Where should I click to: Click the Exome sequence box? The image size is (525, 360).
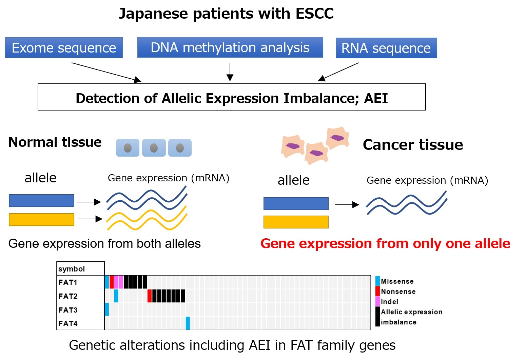pyautogui.click(x=64, y=48)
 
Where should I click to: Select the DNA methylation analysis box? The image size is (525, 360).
pyautogui.click(x=230, y=47)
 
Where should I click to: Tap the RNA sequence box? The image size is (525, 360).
pyautogui.click(x=387, y=48)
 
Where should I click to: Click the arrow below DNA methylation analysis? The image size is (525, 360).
pyautogui.click(x=230, y=72)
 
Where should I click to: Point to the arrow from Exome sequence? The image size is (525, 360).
pyautogui.click(x=106, y=73)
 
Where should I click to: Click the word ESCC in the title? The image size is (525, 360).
pyautogui.click(x=314, y=13)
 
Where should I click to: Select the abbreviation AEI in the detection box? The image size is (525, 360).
pyautogui.click(x=376, y=98)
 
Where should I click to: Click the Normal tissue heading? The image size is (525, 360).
pyautogui.click(x=55, y=142)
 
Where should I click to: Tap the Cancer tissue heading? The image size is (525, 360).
pyautogui.click(x=413, y=144)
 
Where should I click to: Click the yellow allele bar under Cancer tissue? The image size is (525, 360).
pyautogui.click(x=296, y=222)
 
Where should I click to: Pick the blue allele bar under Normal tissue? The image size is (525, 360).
pyautogui.click(x=41, y=201)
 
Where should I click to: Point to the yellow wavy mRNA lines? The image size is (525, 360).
pyautogui.click(x=147, y=218)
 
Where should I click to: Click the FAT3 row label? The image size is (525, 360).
pyautogui.click(x=68, y=310)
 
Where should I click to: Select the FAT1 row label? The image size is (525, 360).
pyautogui.click(x=68, y=282)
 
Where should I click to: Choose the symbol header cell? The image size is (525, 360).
pyautogui.click(x=80, y=269)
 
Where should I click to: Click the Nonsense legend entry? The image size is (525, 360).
pyautogui.click(x=396, y=292)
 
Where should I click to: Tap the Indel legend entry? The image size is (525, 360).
pyautogui.click(x=387, y=302)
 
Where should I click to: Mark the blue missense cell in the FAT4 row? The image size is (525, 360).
pyautogui.click(x=188, y=323)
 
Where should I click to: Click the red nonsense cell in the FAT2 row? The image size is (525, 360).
pyautogui.click(x=150, y=296)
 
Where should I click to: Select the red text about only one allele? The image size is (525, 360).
pyautogui.click(x=385, y=244)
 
